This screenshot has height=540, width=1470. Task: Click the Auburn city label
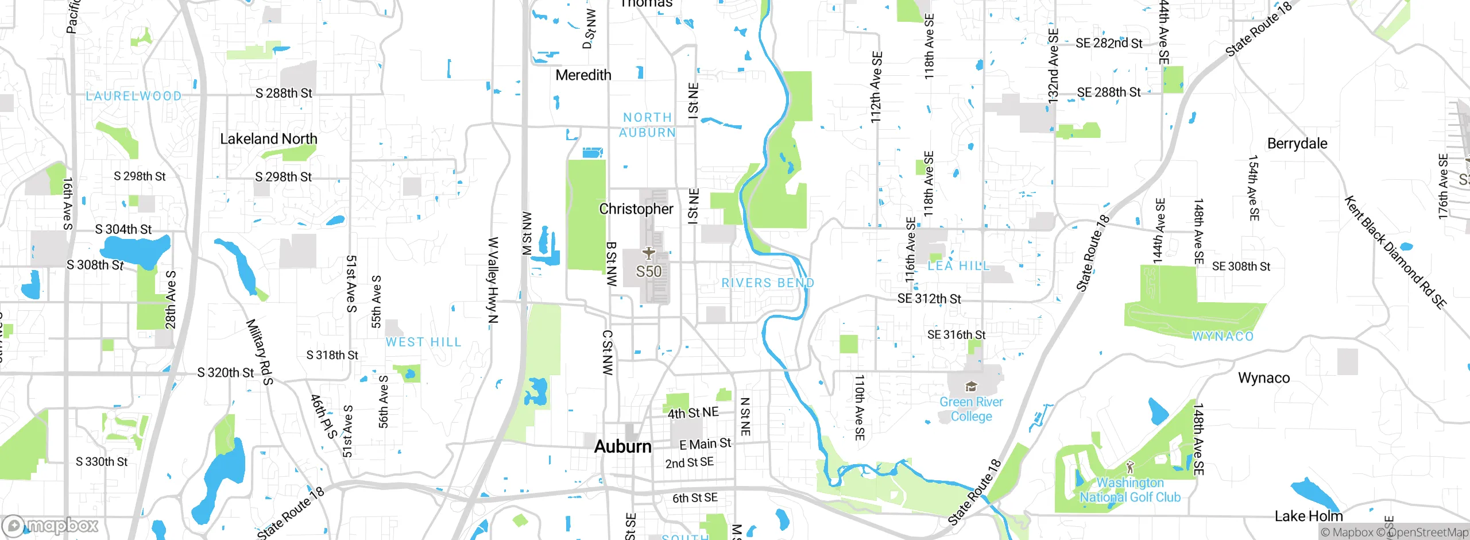(622, 446)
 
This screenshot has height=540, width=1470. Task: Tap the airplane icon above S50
(648, 253)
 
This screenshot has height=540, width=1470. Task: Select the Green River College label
(971, 409)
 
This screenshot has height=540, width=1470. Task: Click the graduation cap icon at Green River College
(971, 387)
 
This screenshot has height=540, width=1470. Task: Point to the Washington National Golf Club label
(1129, 490)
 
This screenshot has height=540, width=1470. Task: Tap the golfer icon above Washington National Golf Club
(1130, 467)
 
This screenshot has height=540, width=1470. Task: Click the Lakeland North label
(268, 139)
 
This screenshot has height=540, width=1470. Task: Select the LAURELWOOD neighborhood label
(133, 96)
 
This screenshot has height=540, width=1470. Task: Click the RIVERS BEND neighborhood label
(767, 283)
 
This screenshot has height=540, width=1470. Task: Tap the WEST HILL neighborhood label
(423, 342)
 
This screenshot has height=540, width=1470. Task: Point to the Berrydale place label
(1297, 144)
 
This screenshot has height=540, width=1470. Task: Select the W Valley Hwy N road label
(493, 280)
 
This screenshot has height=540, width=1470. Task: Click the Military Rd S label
(260, 352)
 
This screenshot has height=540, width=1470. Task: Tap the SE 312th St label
(929, 299)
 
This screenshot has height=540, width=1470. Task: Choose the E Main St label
(705, 444)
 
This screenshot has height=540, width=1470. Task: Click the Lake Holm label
(1308, 516)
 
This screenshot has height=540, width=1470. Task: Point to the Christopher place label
(636, 209)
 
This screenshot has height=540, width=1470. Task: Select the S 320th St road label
(225, 373)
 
